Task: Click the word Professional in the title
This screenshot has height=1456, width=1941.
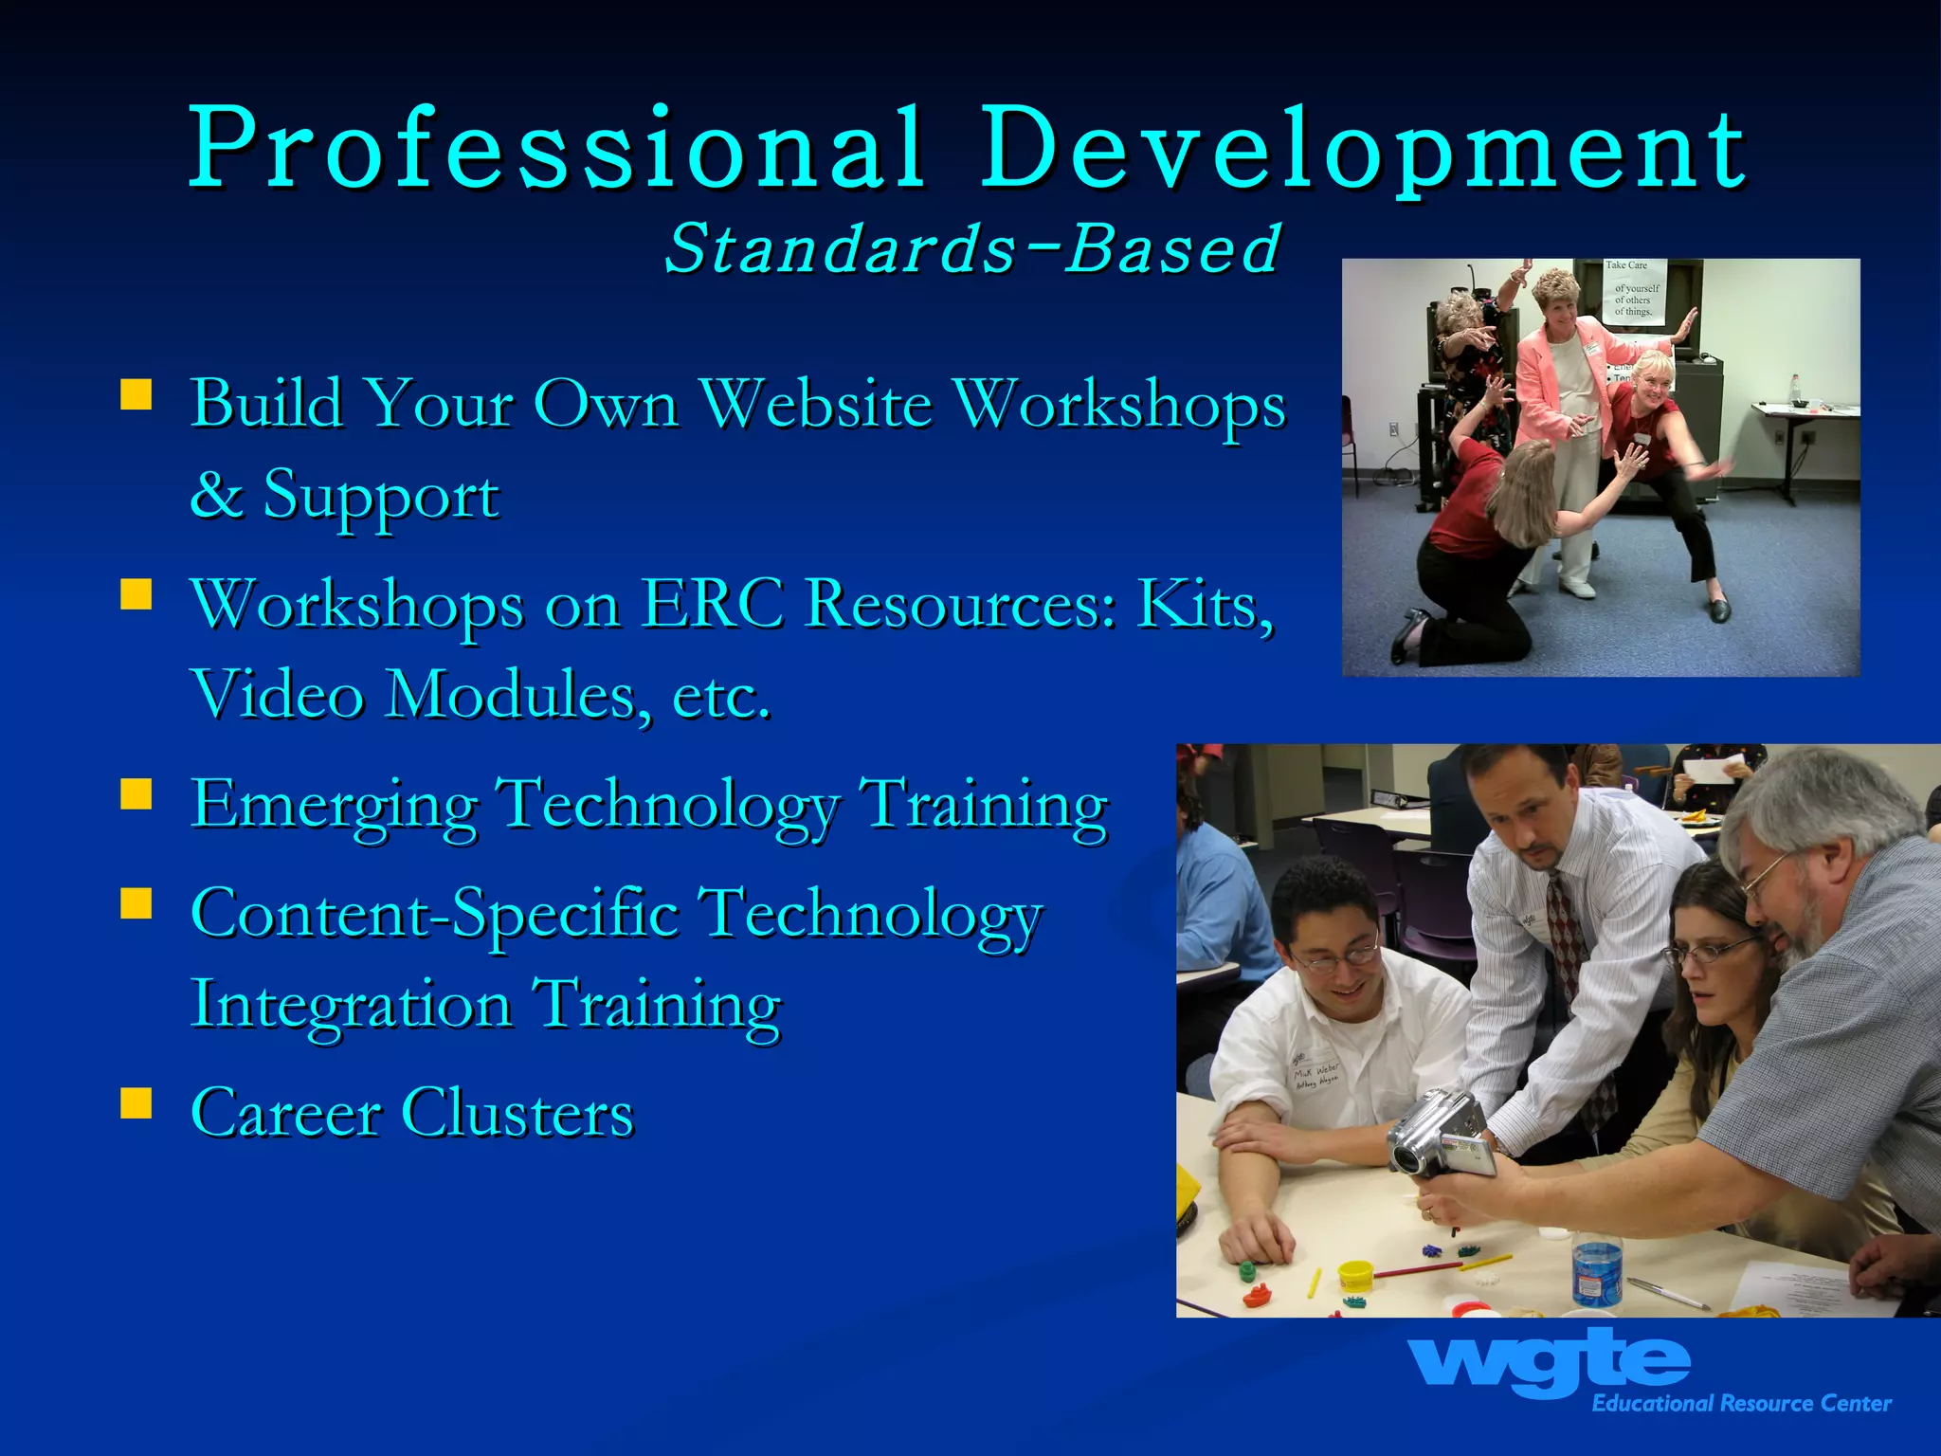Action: tap(557, 150)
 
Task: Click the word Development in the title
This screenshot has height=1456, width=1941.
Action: tap(1363, 150)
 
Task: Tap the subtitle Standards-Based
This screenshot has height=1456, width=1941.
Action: tap(972, 248)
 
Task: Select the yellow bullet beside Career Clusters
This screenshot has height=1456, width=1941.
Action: tap(136, 1103)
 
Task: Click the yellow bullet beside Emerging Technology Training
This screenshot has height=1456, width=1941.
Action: tap(136, 794)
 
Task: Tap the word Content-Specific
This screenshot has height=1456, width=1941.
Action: tap(435, 916)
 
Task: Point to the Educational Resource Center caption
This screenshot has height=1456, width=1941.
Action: tap(1741, 1404)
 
